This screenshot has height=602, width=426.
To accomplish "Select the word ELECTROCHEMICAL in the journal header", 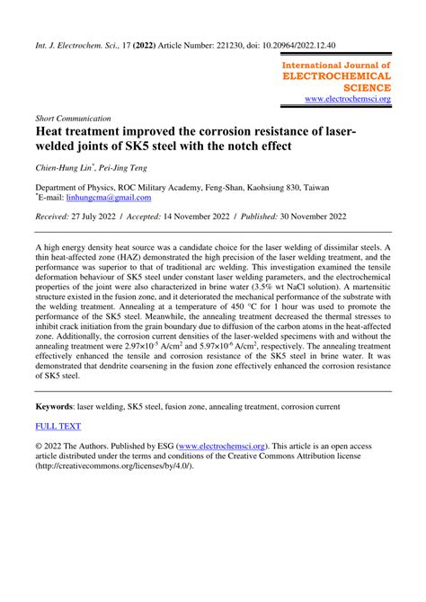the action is [x=337, y=76].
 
